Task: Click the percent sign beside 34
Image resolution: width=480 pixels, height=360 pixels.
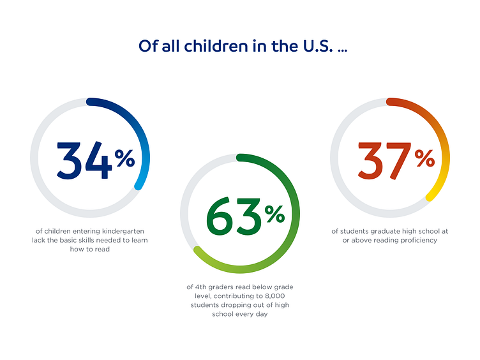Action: pos(125,158)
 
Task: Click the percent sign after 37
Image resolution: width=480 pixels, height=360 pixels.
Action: pos(425,158)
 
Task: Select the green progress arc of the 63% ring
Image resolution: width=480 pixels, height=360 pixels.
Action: pos(290,191)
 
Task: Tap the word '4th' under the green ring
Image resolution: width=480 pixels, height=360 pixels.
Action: pos(200,287)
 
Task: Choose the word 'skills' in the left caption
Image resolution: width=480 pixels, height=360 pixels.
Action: pos(93,240)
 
